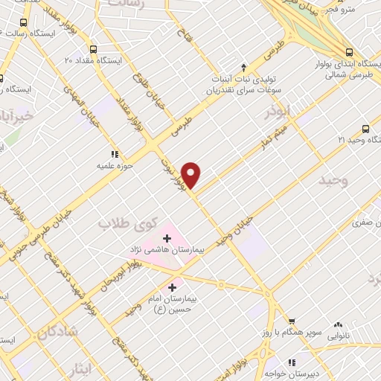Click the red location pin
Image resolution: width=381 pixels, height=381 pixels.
(x=192, y=174)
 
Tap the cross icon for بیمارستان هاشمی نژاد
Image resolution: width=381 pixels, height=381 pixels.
(x=167, y=238)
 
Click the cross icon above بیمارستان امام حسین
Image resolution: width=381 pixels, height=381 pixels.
(x=172, y=286)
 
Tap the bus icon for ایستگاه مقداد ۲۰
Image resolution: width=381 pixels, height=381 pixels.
(x=92, y=45)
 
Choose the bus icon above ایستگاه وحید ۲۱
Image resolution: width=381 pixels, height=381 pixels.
(x=365, y=128)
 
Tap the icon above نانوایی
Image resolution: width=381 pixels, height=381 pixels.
(x=339, y=324)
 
